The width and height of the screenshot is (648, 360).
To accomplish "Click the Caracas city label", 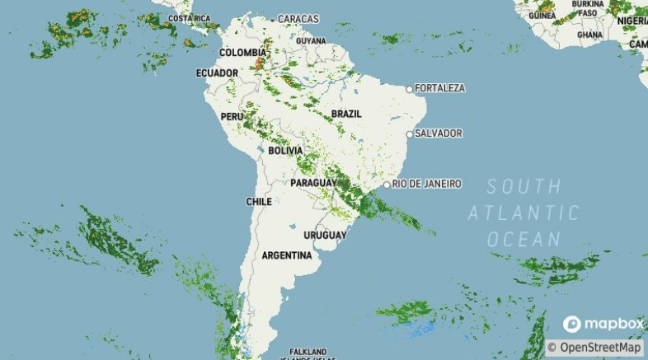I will point(298,18).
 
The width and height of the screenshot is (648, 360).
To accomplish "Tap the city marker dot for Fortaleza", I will point(409,88).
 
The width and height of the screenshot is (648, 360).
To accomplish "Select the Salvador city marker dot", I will point(409,133).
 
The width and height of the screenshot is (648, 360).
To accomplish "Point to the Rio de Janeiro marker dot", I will point(387,184).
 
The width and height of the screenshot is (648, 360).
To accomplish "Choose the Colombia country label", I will point(242,53).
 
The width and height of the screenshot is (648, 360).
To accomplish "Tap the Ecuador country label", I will point(217,73).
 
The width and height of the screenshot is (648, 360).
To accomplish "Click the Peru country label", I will point(232,117).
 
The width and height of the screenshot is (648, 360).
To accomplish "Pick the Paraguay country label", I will point(313,182).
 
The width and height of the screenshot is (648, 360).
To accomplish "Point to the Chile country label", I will point(259,202).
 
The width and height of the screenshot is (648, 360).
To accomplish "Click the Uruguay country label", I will point(324,236).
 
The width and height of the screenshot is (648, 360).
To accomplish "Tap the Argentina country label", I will point(287,255).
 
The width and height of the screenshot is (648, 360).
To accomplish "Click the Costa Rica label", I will point(189,18).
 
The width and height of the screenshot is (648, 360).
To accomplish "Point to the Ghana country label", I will point(589,35).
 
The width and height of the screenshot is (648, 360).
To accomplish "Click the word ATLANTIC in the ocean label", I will point(524,213).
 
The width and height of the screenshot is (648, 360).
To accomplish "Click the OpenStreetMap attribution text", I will point(599,348).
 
